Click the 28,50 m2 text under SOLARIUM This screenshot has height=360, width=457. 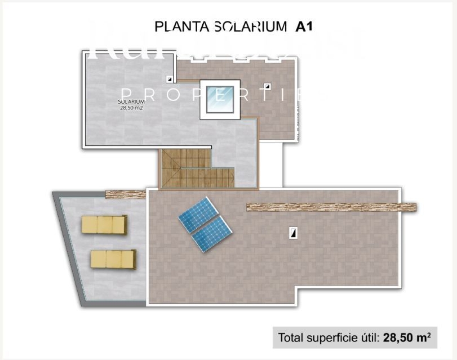coord(132,108)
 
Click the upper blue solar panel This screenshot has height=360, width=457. coord(198,215)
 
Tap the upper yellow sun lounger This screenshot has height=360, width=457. coord(104,225)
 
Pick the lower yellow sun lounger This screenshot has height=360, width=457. coord(113,260)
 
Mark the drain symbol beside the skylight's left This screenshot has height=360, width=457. coord(170,79)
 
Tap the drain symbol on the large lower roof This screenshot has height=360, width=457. coord(293,233)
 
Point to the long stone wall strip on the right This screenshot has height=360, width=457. coord(331,207)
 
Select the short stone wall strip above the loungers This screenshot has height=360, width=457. coord(125,194)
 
